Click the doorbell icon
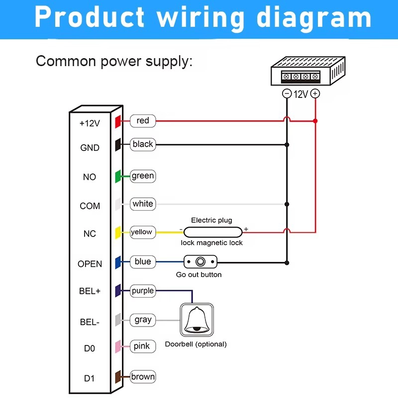pos(197,320)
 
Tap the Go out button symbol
pos(200,261)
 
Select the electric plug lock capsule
pos(213,232)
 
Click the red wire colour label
pos(143,121)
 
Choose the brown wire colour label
pos(143,377)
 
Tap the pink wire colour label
pos(143,346)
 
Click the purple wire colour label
pos(143,291)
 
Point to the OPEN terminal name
pos(90,264)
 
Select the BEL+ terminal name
pos(90,291)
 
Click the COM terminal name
pos(90,206)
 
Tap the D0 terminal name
pos(90,348)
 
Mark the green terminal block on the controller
pos(118,176)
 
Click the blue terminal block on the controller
pos(118,262)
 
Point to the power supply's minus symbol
pos(287,93)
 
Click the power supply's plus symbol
pos(315,93)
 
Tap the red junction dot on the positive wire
pos(315,121)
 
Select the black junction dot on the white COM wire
pos(287,204)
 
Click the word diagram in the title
pos(314,17)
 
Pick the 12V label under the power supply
pos(301,94)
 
